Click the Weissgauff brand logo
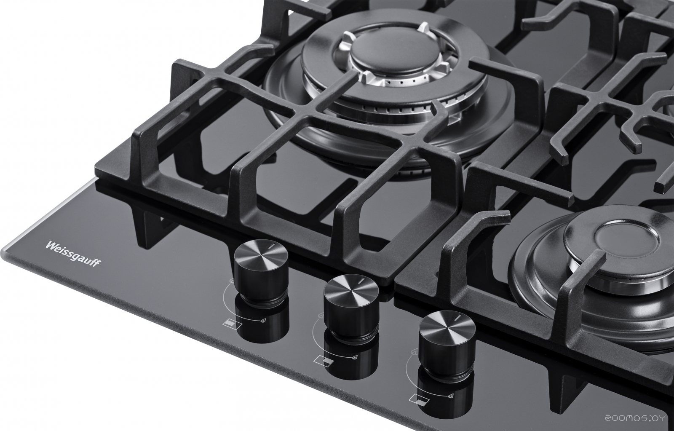[x=73, y=254]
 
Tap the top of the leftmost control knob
[x=261, y=252]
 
